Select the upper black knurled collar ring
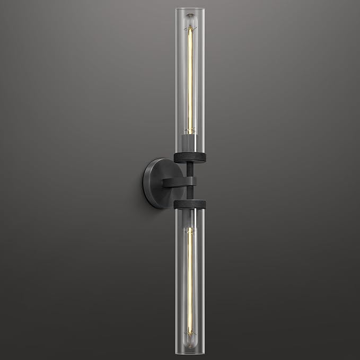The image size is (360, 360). click(x=189, y=157)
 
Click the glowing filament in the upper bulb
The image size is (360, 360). click(x=189, y=80)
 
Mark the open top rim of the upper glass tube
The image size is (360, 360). click(x=189, y=8)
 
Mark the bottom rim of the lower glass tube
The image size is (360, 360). click(x=189, y=352)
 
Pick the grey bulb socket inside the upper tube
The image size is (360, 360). click(x=189, y=142)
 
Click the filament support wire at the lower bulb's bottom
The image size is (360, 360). click(x=189, y=334)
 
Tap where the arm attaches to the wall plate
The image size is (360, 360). click(x=164, y=182)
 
